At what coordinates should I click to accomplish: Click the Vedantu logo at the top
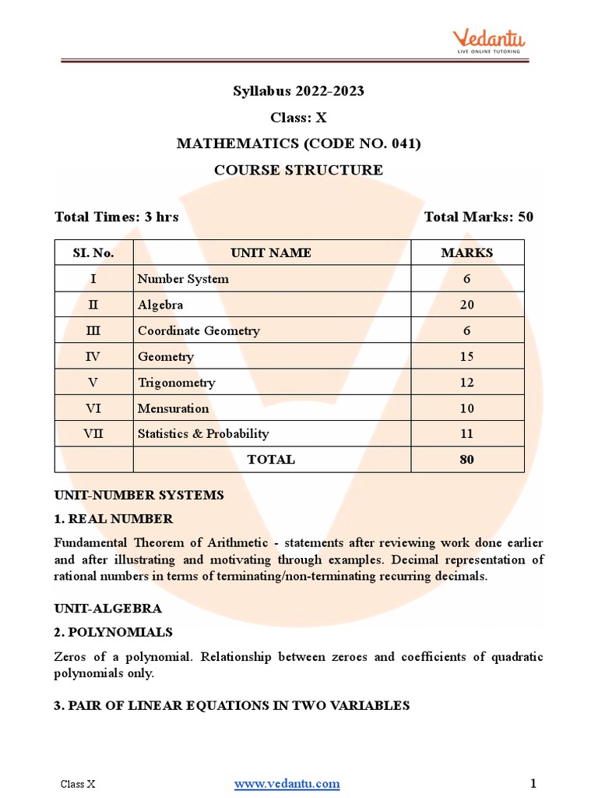(489, 40)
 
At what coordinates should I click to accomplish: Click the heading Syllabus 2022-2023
(298, 91)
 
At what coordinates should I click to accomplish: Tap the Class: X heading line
(298, 118)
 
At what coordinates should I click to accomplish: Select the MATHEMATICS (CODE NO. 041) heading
(298, 143)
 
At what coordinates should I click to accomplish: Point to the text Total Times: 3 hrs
(116, 217)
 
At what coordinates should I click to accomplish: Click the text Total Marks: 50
(478, 217)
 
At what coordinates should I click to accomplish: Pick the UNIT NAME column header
(271, 252)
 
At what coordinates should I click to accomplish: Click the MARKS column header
(466, 252)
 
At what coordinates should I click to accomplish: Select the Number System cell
(183, 279)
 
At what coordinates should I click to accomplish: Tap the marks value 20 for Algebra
(466, 305)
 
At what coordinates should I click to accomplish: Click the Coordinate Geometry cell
(199, 330)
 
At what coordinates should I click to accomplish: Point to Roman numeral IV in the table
(93, 356)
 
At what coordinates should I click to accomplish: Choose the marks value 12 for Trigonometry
(466, 382)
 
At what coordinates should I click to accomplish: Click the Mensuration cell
(173, 408)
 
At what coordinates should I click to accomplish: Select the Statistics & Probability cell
(202, 434)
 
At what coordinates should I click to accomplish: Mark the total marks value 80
(466, 460)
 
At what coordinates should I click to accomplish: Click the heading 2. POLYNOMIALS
(114, 631)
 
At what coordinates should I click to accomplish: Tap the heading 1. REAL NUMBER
(114, 518)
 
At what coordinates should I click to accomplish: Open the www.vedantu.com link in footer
(287, 783)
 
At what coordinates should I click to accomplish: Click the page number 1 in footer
(533, 783)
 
